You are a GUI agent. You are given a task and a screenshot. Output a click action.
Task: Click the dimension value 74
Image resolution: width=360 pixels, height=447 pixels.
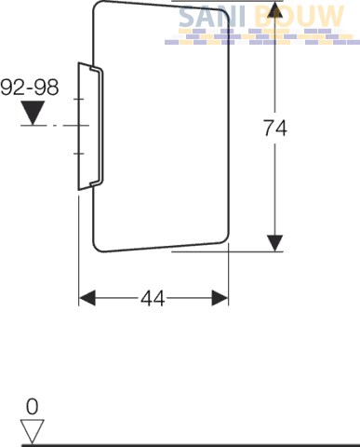click(x=275, y=129)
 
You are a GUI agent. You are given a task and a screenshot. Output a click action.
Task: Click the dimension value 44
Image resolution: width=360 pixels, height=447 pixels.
click(x=153, y=299)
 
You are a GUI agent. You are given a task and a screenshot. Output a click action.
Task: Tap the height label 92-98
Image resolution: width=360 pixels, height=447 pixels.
click(x=30, y=88)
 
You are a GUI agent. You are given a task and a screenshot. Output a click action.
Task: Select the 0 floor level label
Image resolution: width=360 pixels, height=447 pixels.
click(x=33, y=407)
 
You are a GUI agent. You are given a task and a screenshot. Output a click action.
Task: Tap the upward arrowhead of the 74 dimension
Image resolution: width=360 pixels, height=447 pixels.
click(x=275, y=9)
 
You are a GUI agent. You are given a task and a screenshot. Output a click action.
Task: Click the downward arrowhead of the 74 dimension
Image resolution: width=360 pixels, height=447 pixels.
click(x=275, y=243)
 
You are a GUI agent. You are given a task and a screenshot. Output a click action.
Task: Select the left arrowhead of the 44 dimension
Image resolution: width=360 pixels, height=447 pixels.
click(x=87, y=298)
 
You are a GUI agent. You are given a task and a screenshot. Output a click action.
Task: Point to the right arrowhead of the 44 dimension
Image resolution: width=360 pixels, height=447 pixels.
click(x=220, y=298)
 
